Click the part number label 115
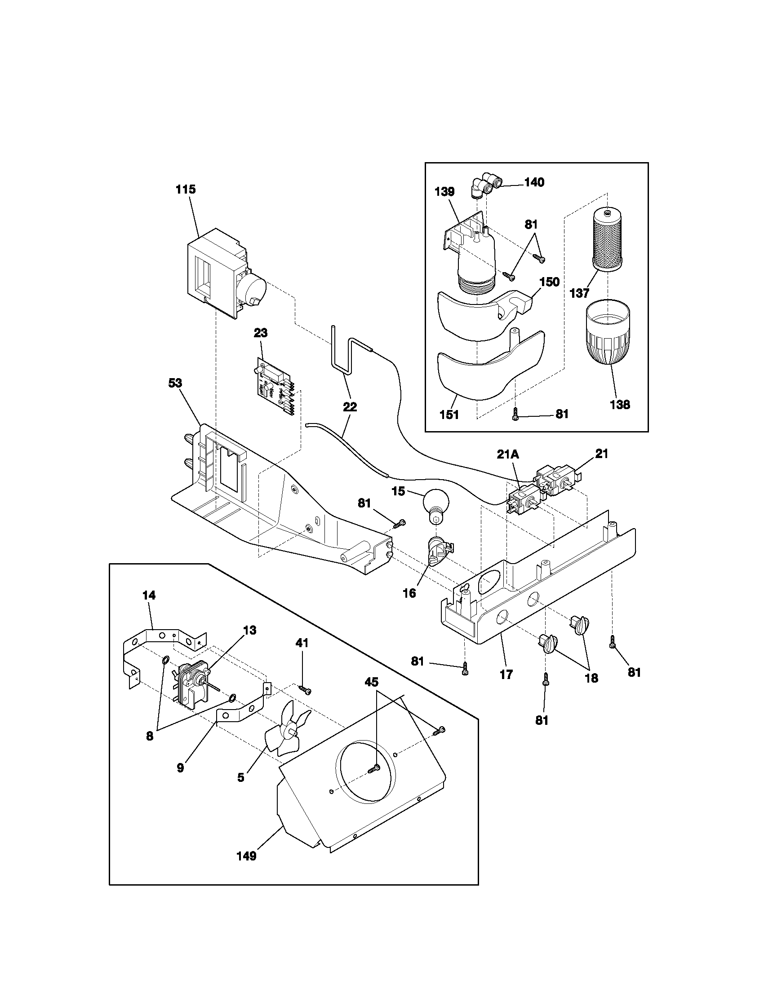(186, 189)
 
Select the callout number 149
(247, 856)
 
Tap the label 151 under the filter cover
(449, 415)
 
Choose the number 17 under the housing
(506, 675)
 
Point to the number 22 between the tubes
(350, 407)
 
